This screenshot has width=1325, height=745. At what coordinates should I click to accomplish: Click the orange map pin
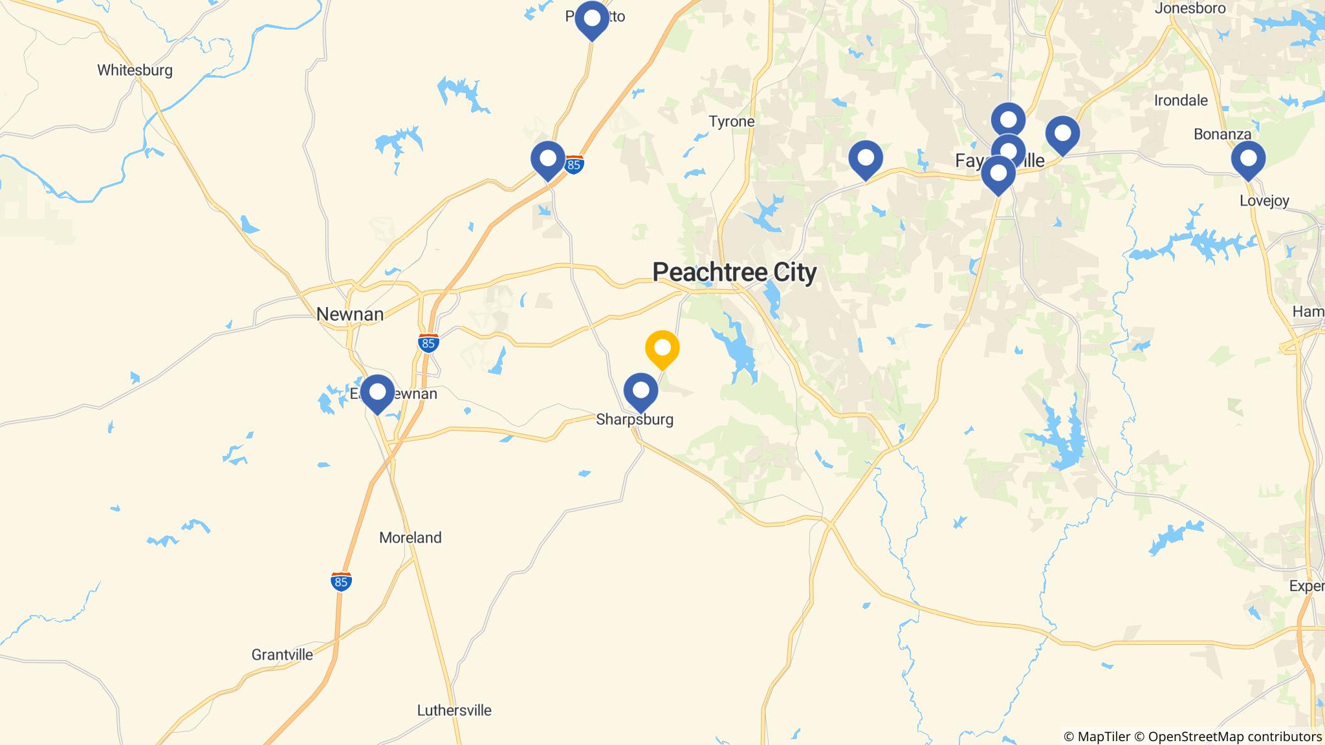pyautogui.click(x=662, y=348)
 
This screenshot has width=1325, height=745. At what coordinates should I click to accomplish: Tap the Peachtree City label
pyautogui.click(x=734, y=272)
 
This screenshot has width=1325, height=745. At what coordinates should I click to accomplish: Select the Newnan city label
pyautogui.click(x=349, y=314)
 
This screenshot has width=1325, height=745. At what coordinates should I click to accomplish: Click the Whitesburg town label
pyautogui.click(x=135, y=70)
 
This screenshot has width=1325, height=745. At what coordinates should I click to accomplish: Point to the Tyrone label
pyautogui.click(x=731, y=122)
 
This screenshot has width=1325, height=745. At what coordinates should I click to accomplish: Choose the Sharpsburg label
pyautogui.click(x=634, y=419)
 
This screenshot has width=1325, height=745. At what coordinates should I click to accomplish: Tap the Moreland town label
pyautogui.click(x=410, y=537)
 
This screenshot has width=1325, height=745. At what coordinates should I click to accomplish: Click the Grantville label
pyautogui.click(x=282, y=654)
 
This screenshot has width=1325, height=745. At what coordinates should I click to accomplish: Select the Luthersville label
pyautogui.click(x=454, y=710)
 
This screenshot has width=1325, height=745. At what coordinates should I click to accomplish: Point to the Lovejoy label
pyautogui.click(x=1264, y=200)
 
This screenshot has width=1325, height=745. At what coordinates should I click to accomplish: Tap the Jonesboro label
pyautogui.click(x=1190, y=8)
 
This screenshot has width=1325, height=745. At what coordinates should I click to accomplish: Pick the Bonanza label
pyautogui.click(x=1222, y=135)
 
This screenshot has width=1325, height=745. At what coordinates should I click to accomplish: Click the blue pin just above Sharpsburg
pyautogui.click(x=641, y=391)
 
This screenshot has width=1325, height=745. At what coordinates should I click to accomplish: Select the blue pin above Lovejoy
pyautogui.click(x=1248, y=158)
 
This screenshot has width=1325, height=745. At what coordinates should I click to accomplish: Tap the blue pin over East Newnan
pyautogui.click(x=377, y=393)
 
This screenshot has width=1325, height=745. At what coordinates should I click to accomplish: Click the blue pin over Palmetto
pyautogui.click(x=591, y=19)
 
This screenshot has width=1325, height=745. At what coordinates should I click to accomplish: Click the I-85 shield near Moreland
pyautogui.click(x=341, y=581)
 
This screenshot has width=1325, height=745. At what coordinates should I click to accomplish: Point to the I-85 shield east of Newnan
pyautogui.click(x=428, y=343)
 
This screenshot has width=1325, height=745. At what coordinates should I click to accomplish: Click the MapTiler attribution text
pyautogui.click(x=1097, y=737)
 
